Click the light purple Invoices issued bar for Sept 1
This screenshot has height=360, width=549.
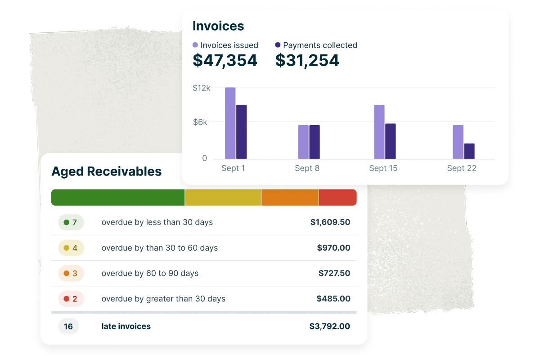(x=230, y=123)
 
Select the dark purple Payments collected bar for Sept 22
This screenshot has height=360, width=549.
(x=469, y=151)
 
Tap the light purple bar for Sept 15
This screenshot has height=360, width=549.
(x=379, y=132)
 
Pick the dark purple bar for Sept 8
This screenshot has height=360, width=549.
(x=315, y=142)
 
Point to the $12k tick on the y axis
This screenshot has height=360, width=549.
(x=202, y=88)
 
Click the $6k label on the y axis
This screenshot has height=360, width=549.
(x=200, y=122)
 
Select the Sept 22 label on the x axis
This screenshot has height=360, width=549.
(x=462, y=168)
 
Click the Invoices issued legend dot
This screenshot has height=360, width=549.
(x=195, y=45)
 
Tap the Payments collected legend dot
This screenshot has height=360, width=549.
(x=278, y=45)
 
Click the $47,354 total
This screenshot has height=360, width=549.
(x=225, y=60)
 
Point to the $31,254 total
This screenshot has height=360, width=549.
(x=307, y=60)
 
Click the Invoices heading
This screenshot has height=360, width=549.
(x=218, y=26)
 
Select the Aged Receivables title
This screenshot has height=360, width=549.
(x=107, y=171)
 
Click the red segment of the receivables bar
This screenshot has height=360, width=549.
(x=338, y=197)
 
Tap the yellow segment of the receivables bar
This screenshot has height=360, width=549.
(x=223, y=197)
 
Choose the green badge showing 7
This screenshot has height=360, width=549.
(x=71, y=222)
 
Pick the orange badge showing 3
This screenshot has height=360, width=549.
(x=71, y=273)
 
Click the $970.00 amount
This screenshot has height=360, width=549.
(x=333, y=248)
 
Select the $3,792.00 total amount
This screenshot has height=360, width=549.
(x=330, y=326)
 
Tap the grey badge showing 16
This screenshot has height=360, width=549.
(x=68, y=326)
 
